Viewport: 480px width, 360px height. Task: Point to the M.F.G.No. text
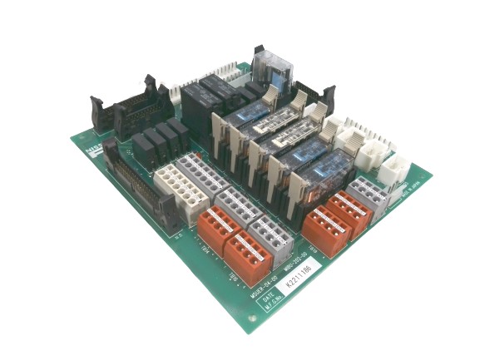(x=268, y=315)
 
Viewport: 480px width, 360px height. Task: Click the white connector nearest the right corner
(x=392, y=171)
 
